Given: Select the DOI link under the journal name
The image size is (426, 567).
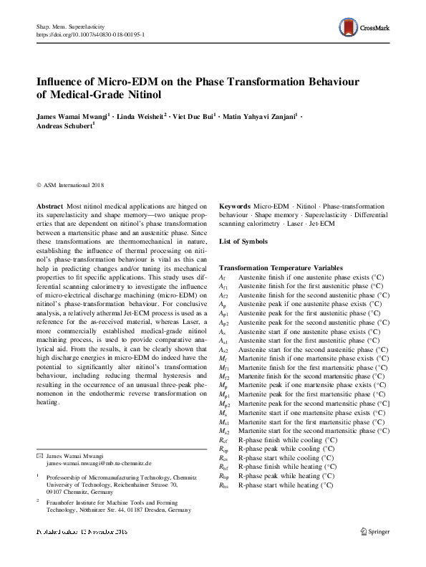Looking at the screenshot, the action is tap(90, 34).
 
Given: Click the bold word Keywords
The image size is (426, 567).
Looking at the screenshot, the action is tap(235, 206).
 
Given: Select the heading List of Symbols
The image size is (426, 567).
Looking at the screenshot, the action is tap(243, 242).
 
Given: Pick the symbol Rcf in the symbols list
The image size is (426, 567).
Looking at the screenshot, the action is tap(223, 439).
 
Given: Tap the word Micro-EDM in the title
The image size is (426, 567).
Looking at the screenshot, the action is tap(125, 80).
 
